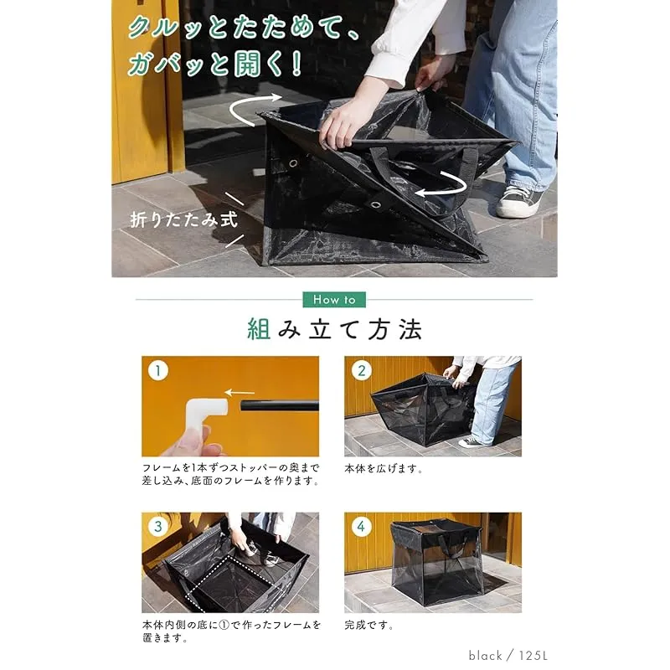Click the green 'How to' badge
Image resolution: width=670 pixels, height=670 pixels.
(x=334, y=300)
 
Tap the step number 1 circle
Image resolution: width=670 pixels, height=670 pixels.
(x=158, y=370)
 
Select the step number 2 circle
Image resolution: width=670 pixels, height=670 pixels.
(x=362, y=370)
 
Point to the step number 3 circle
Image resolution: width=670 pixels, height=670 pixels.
(x=158, y=526)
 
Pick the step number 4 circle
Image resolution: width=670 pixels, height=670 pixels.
(x=362, y=526)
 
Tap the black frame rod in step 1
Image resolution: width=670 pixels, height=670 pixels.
(x=280, y=405)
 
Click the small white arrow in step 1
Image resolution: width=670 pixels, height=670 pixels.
(x=240, y=392)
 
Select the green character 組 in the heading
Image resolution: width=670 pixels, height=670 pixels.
(x=259, y=329)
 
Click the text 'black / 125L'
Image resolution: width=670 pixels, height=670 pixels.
(x=508, y=656)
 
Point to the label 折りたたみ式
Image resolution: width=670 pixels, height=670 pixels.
(x=183, y=219)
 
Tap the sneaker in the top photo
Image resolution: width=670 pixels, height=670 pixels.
(x=518, y=202)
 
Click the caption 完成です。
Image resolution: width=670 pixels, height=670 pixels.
(x=369, y=626)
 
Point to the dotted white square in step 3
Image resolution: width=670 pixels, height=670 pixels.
(x=233, y=582)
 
